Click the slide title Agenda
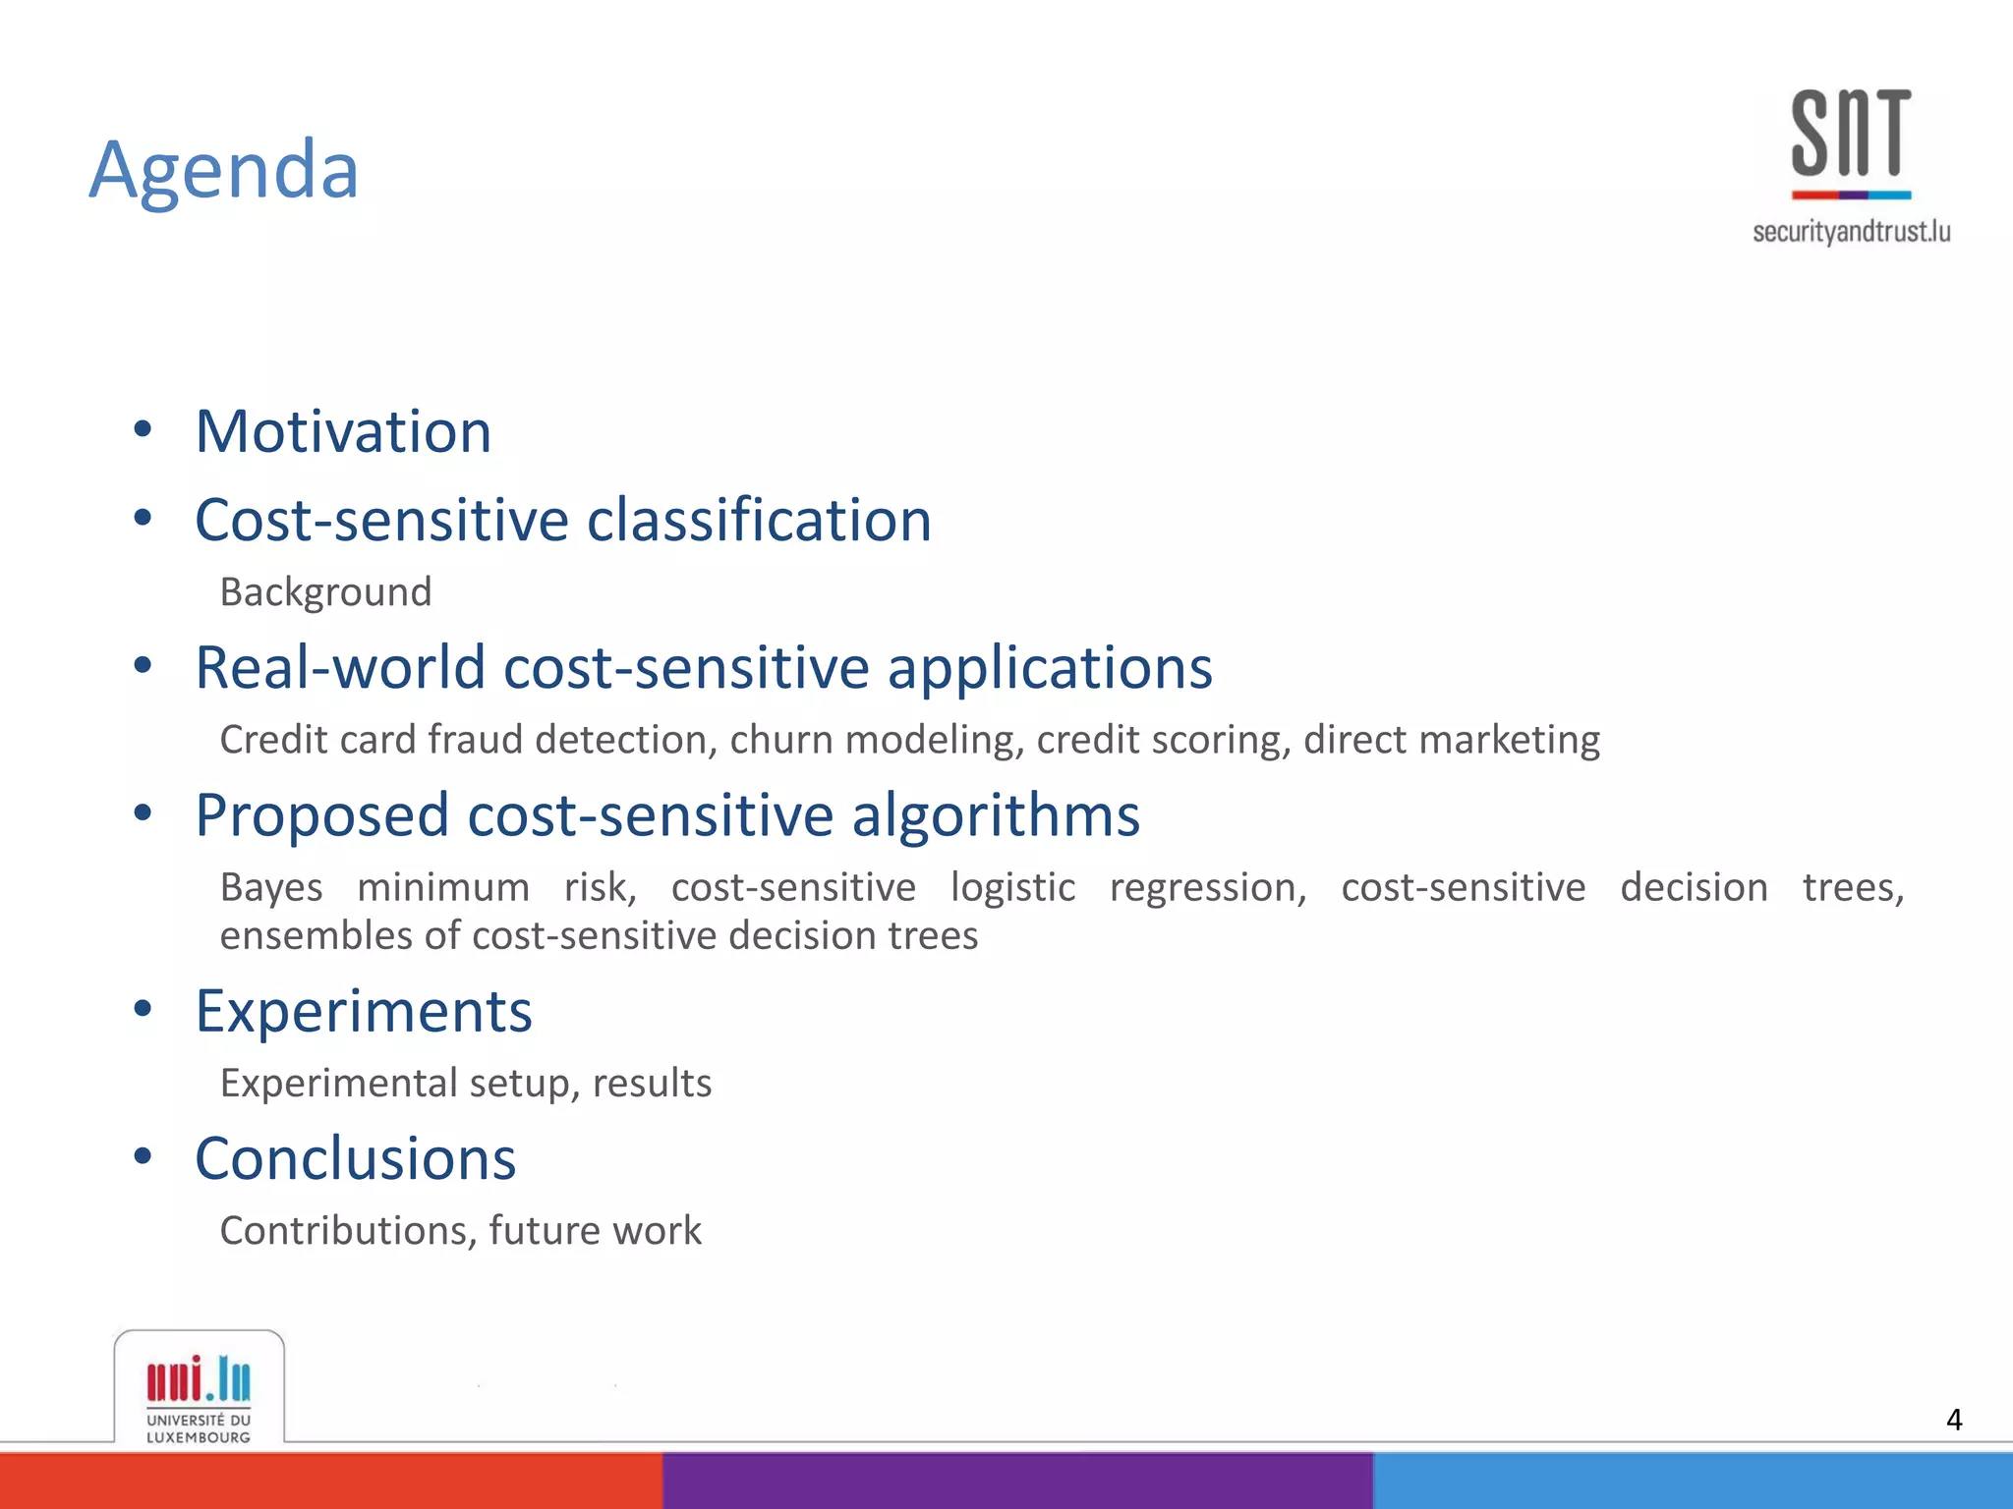pos(224,170)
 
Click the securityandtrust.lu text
pos(1851,232)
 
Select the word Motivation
pos(343,431)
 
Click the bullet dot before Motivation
pos(144,428)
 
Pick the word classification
pos(759,520)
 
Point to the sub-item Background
pos(325,592)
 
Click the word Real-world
pos(340,668)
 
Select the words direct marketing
pos(1452,740)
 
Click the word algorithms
pos(995,815)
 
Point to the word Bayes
pos(271,888)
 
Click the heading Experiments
pos(364,1012)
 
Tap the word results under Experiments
pos(652,1084)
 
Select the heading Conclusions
pos(355,1159)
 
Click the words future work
pos(595,1231)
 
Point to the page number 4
pos(1954,1420)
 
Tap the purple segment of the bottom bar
pos(1017,1481)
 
